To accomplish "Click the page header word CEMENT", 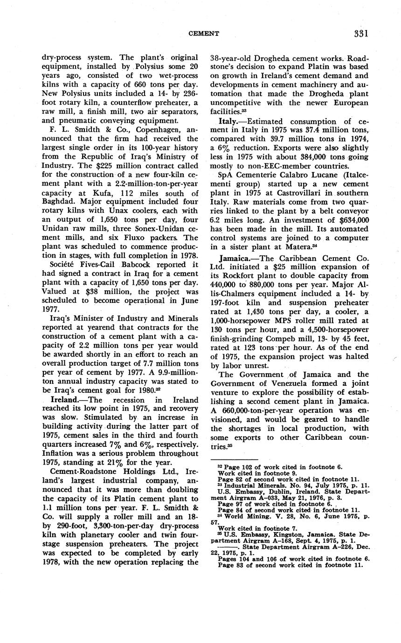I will (x=203, y=34).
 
